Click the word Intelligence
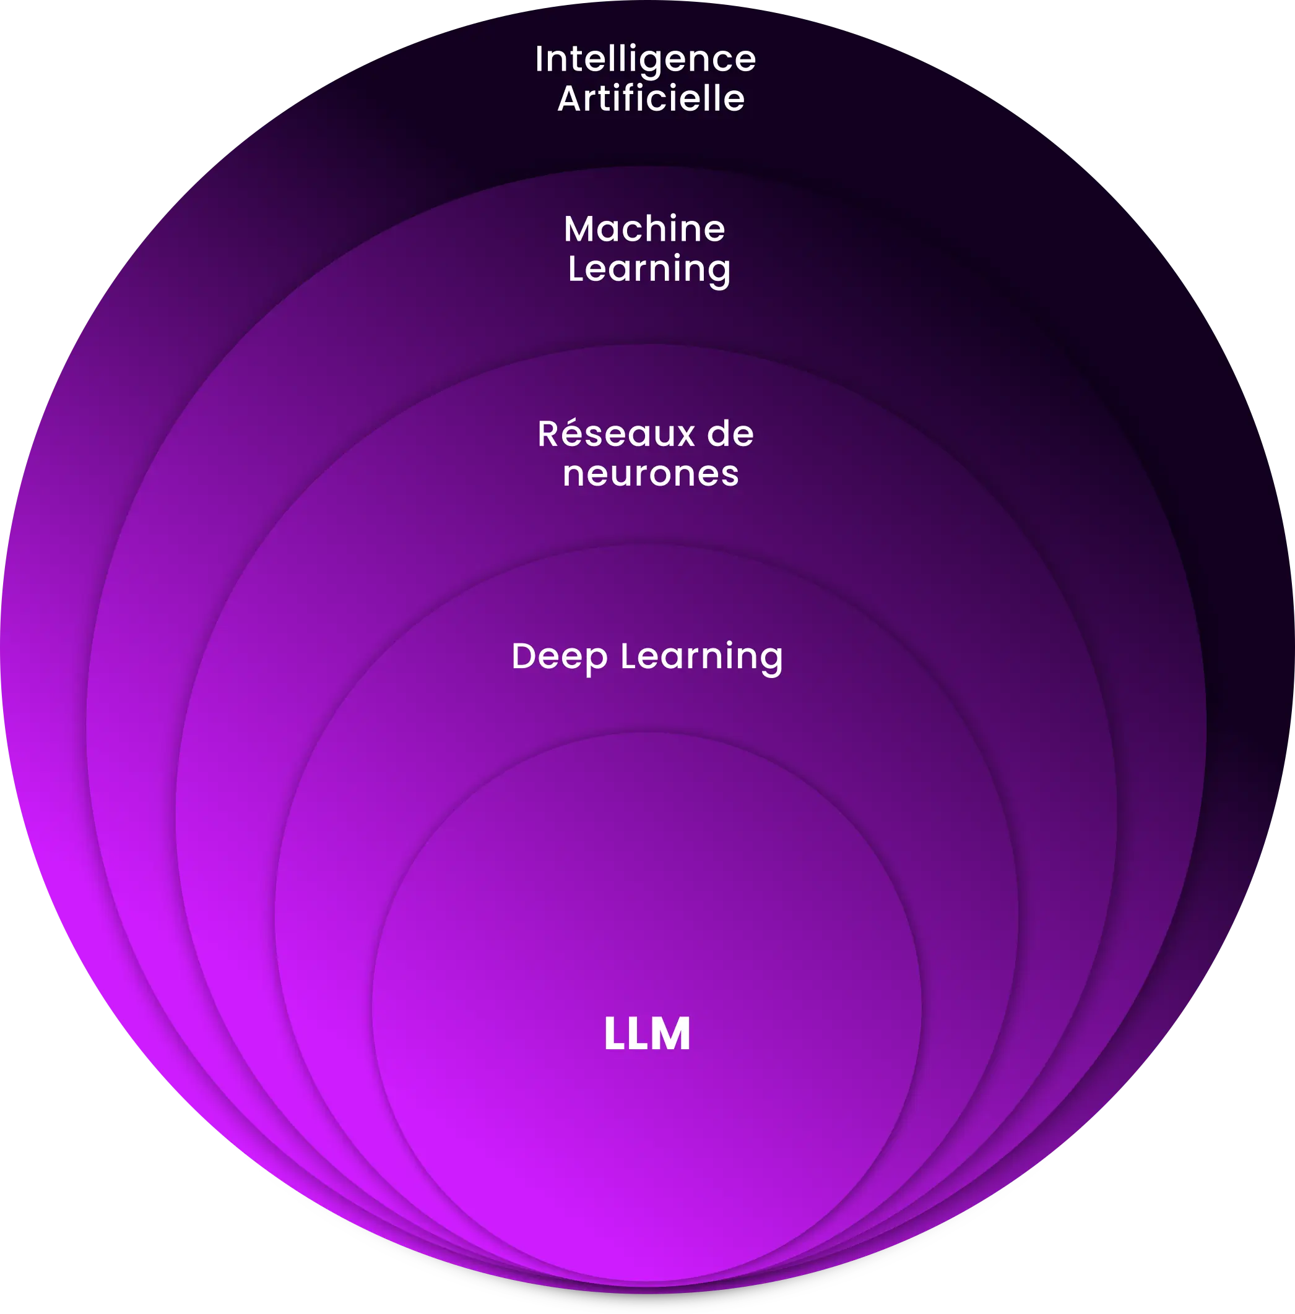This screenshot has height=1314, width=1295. [645, 60]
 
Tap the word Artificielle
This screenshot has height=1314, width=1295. [651, 98]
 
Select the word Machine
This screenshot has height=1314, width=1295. [644, 229]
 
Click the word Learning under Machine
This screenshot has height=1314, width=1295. [649, 269]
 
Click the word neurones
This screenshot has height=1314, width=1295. [650, 474]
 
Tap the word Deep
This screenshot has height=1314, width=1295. [559, 656]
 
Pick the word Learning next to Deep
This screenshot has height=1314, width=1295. [701, 656]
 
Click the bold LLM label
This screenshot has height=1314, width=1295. [647, 1034]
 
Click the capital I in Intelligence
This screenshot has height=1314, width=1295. [539, 59]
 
